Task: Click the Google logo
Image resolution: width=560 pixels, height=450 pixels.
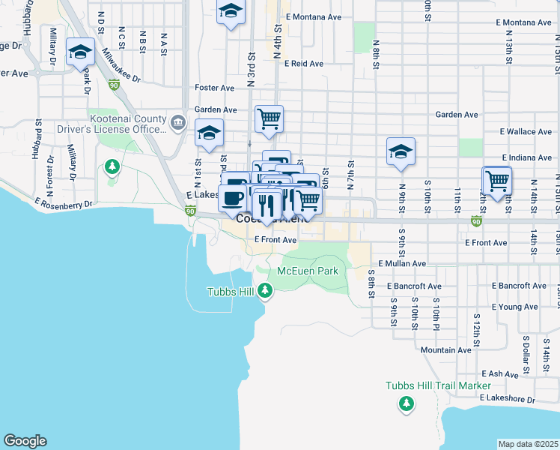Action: tap(25, 441)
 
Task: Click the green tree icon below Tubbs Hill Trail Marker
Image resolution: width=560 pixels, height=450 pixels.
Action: tap(406, 404)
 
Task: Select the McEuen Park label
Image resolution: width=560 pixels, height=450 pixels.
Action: tap(308, 271)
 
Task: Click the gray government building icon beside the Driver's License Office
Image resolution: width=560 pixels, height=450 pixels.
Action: tap(177, 122)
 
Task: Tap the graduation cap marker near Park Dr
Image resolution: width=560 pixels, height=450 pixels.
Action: tap(80, 52)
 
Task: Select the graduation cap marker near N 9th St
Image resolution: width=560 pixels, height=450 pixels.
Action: tap(401, 151)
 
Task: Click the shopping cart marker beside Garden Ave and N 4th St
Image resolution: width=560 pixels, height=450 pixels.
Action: tap(268, 118)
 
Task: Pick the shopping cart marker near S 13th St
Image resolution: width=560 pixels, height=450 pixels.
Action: tap(496, 180)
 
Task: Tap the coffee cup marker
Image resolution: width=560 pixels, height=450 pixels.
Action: tap(233, 198)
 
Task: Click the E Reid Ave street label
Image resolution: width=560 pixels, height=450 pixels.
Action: tap(303, 64)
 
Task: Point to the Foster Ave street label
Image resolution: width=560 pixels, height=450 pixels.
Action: tap(215, 88)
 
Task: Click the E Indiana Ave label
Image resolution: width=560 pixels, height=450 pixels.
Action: tap(526, 157)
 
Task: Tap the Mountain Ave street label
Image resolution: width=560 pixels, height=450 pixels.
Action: tap(445, 350)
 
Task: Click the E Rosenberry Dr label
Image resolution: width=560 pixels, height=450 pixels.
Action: tap(64, 203)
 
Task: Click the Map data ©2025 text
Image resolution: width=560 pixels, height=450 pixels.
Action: tap(528, 444)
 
